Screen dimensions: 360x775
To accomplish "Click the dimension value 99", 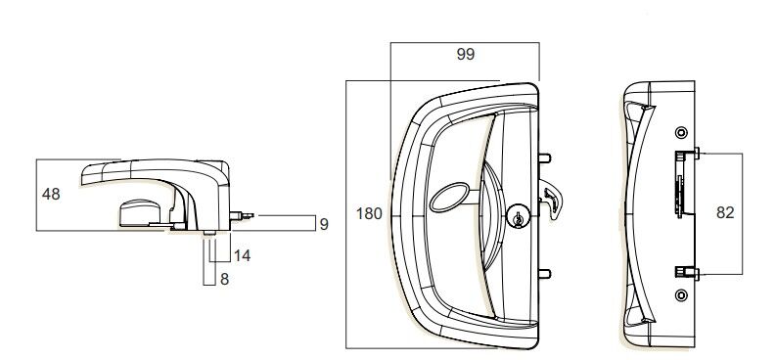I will pos(465,56).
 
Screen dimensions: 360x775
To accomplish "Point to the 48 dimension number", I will pos(51,194).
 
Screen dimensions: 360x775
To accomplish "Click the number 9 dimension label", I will pos(323,224).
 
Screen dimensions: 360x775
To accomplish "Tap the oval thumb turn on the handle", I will pos(447,197).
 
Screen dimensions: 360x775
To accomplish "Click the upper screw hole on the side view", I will pos(681,132).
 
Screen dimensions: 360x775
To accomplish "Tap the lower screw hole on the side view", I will pos(681,293).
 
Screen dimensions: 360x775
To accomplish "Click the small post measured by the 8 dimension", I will pos(210,231).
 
